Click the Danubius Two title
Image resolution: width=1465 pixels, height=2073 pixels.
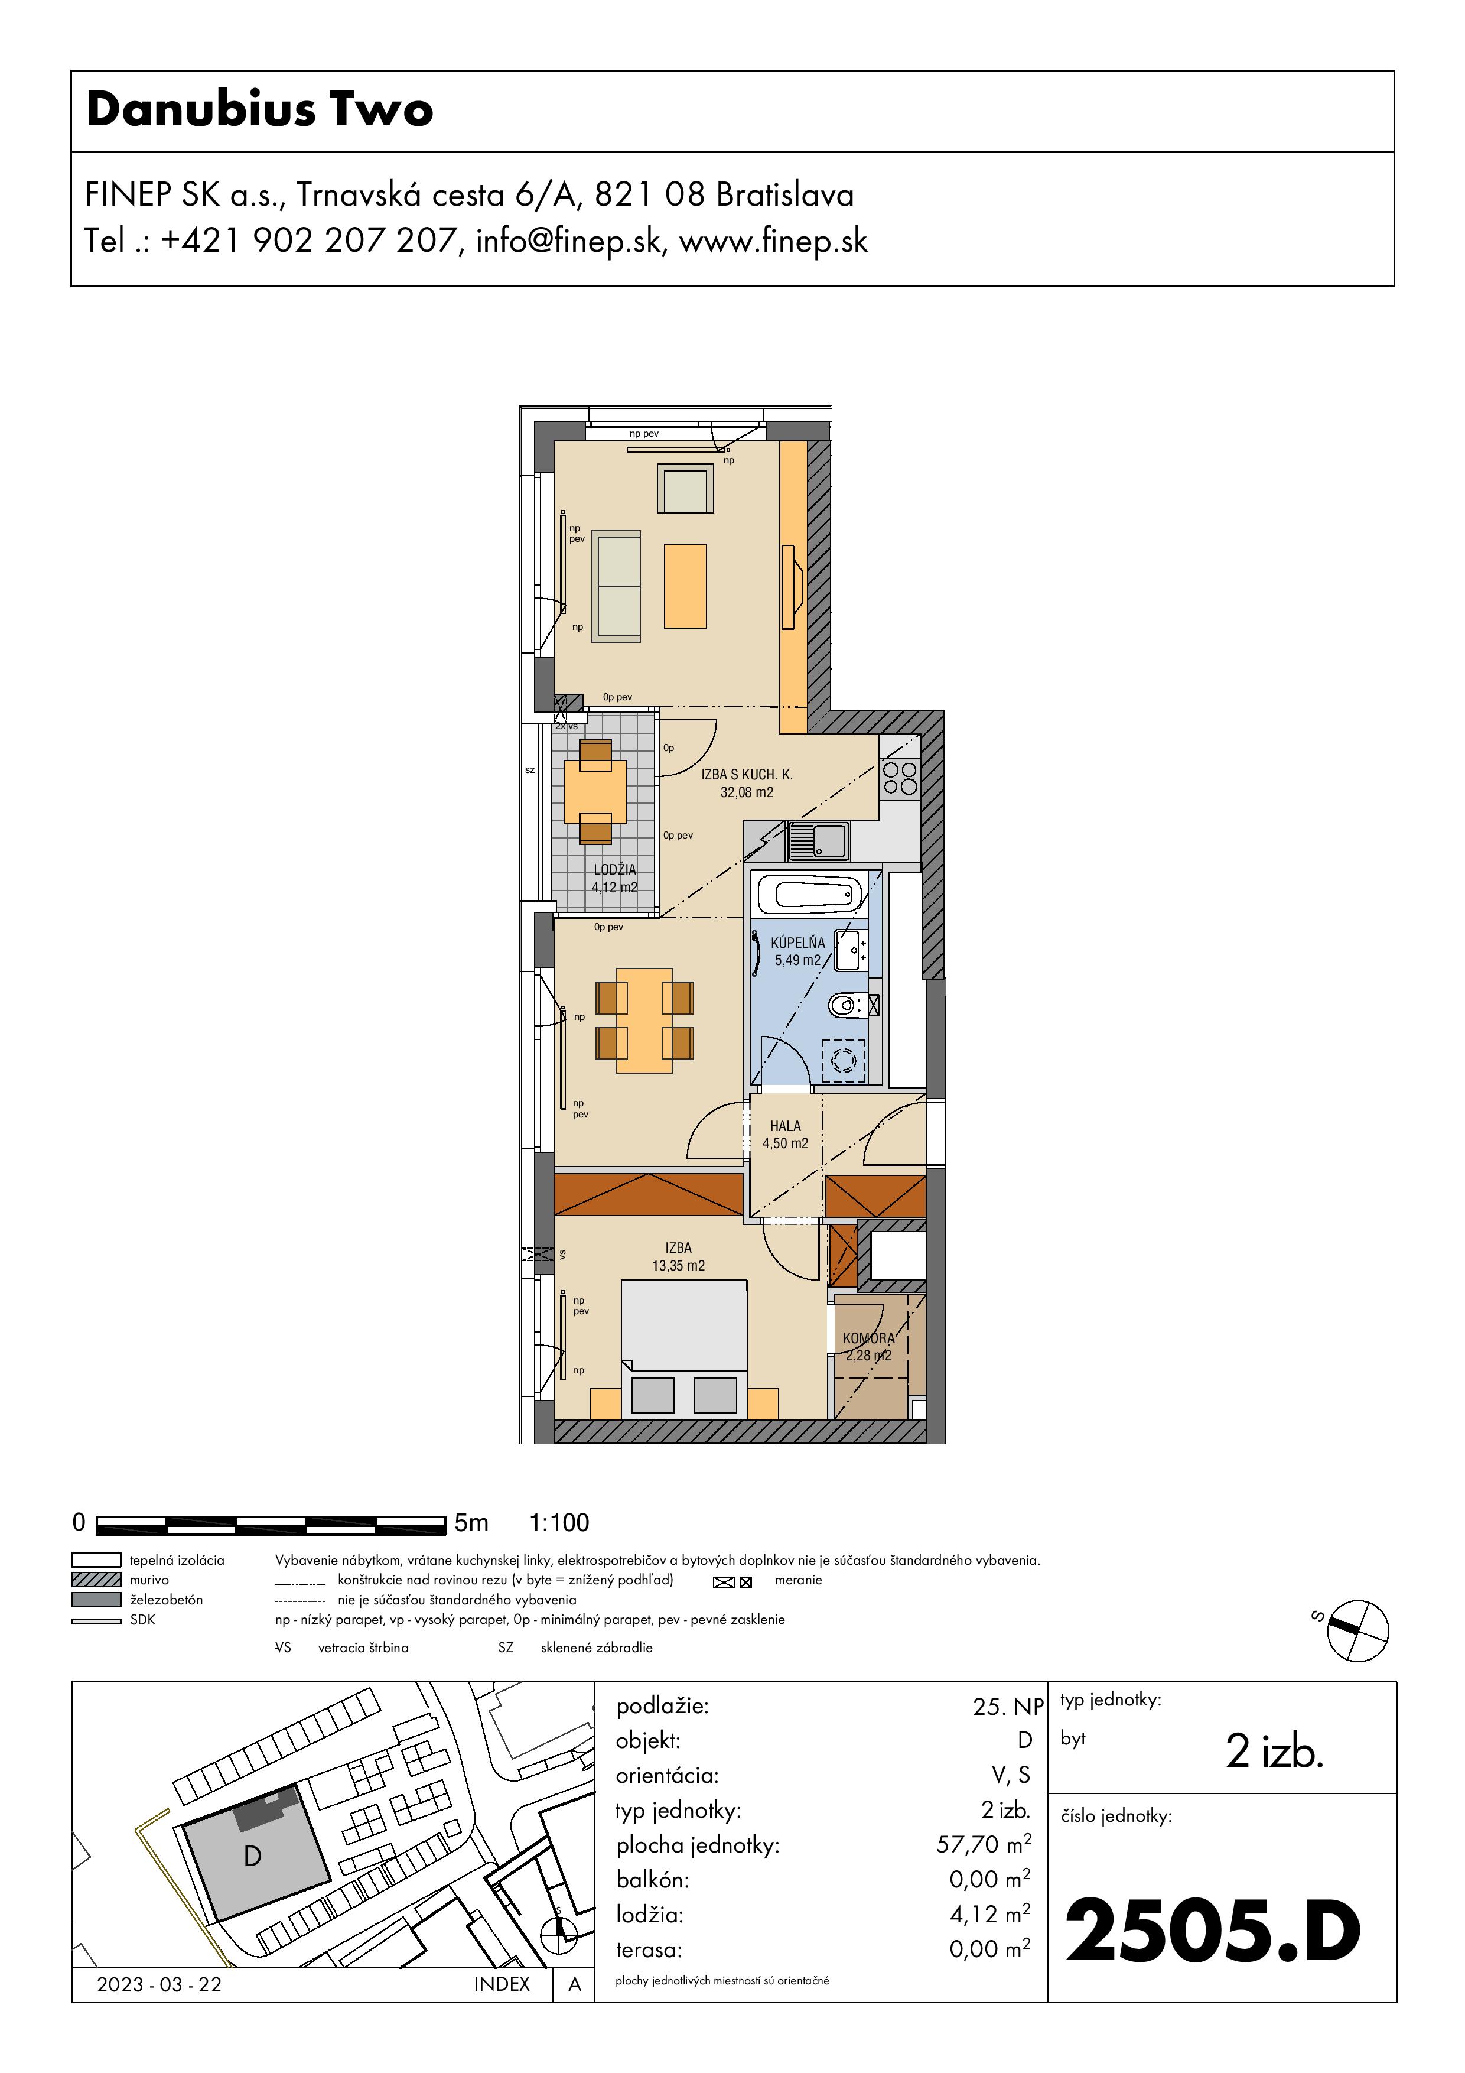(260, 110)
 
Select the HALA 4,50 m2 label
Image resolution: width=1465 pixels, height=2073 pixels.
(785, 1134)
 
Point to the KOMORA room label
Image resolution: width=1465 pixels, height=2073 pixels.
(868, 1338)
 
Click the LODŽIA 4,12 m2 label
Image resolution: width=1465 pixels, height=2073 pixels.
(615, 878)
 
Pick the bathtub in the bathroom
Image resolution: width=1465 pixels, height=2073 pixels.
(812, 895)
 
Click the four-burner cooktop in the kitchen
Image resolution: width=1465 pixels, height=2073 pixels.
(900, 778)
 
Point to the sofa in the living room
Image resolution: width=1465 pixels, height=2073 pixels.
(616, 586)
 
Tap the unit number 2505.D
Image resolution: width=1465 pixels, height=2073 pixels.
(1212, 1931)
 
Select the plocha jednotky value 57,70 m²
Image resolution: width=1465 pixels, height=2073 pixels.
(983, 1844)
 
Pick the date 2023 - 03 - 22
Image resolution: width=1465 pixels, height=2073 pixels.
(159, 1984)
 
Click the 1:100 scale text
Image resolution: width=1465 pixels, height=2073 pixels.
(559, 1522)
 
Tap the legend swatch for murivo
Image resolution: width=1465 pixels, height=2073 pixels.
(96, 1579)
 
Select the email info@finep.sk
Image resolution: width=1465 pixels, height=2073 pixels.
(569, 241)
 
